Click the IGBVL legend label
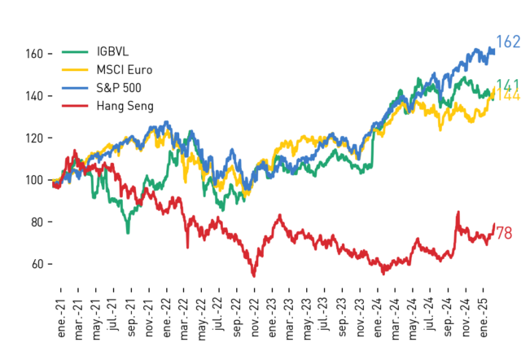[x=112, y=51]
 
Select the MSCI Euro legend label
[x=125, y=70]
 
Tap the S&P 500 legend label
[x=119, y=88]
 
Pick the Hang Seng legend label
[x=125, y=106]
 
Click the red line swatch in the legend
[x=75, y=106]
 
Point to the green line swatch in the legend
[x=75, y=52]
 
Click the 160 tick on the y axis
[x=34, y=54]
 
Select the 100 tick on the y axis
[x=34, y=180]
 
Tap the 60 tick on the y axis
[x=37, y=264]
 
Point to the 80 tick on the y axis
[x=37, y=222]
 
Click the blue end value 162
[x=508, y=42]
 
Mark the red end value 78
[x=504, y=233]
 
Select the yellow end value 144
[x=508, y=94]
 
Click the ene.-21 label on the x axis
[x=62, y=318]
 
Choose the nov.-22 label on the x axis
[x=255, y=318]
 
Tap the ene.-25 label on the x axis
[x=483, y=318]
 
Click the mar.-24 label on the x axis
[x=395, y=319]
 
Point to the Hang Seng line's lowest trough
[x=254, y=276]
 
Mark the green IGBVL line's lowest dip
[x=128, y=232]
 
